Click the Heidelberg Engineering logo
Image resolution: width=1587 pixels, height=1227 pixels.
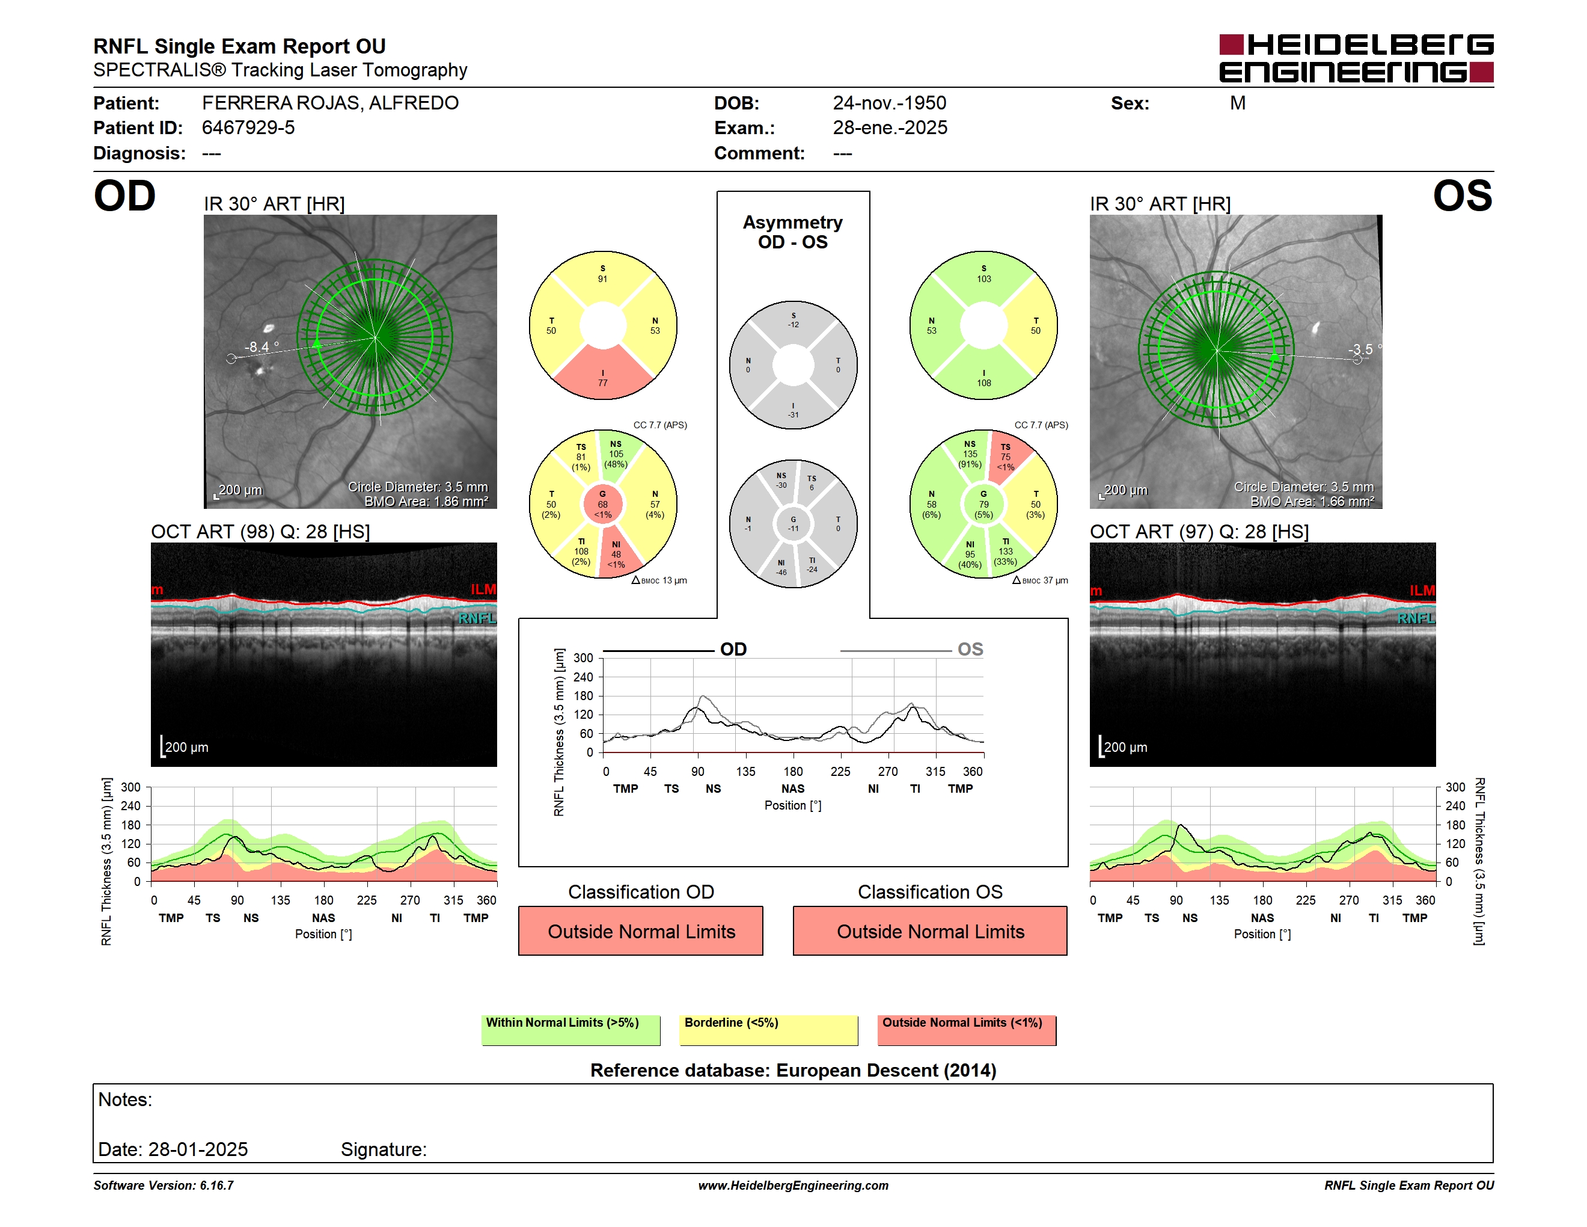[1356, 58]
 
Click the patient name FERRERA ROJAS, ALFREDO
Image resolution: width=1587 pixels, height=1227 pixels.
[330, 103]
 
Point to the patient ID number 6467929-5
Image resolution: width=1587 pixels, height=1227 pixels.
[248, 128]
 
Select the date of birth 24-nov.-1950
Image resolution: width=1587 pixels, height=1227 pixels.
[890, 103]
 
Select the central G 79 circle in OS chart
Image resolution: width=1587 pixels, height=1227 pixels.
[984, 504]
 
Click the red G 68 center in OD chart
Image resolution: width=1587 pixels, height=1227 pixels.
[602, 504]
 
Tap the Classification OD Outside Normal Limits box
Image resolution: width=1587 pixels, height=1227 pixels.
[641, 931]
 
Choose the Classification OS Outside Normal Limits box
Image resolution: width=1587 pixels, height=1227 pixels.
[930, 931]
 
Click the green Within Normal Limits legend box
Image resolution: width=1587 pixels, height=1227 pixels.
[571, 1030]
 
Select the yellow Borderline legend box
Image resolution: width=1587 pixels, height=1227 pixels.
[769, 1030]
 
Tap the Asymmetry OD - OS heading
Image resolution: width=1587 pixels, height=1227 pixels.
[793, 232]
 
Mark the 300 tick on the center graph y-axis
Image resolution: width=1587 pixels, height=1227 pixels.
[584, 658]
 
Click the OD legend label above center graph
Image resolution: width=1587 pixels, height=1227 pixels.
[733, 649]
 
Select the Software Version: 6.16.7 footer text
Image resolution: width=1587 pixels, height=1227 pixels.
[164, 1185]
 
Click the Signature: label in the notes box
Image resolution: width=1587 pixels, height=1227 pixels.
[384, 1149]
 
